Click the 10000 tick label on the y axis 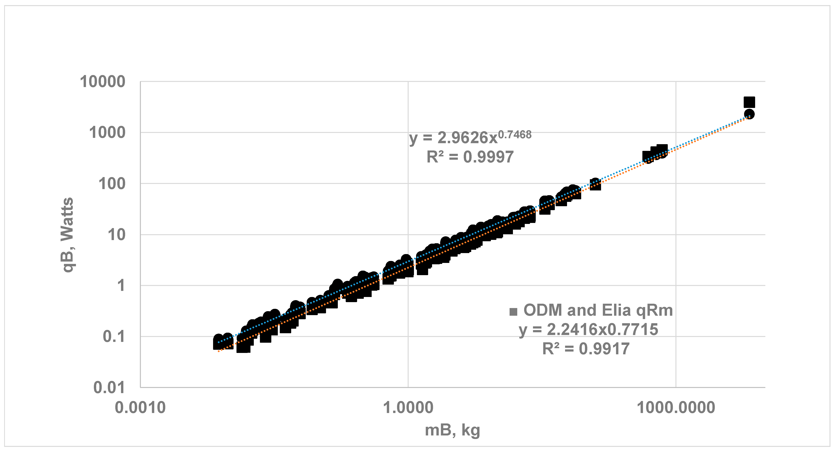tap(103, 82)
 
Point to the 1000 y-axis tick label tap(107, 133)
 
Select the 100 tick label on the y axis tap(112, 184)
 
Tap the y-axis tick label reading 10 tap(116, 235)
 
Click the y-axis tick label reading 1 tap(121, 286)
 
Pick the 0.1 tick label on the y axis tap(114, 337)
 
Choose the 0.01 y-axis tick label tap(109, 388)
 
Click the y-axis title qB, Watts tap(67, 235)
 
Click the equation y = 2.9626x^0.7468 tap(470, 137)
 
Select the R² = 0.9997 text tap(470, 157)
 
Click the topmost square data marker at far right tap(749, 102)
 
